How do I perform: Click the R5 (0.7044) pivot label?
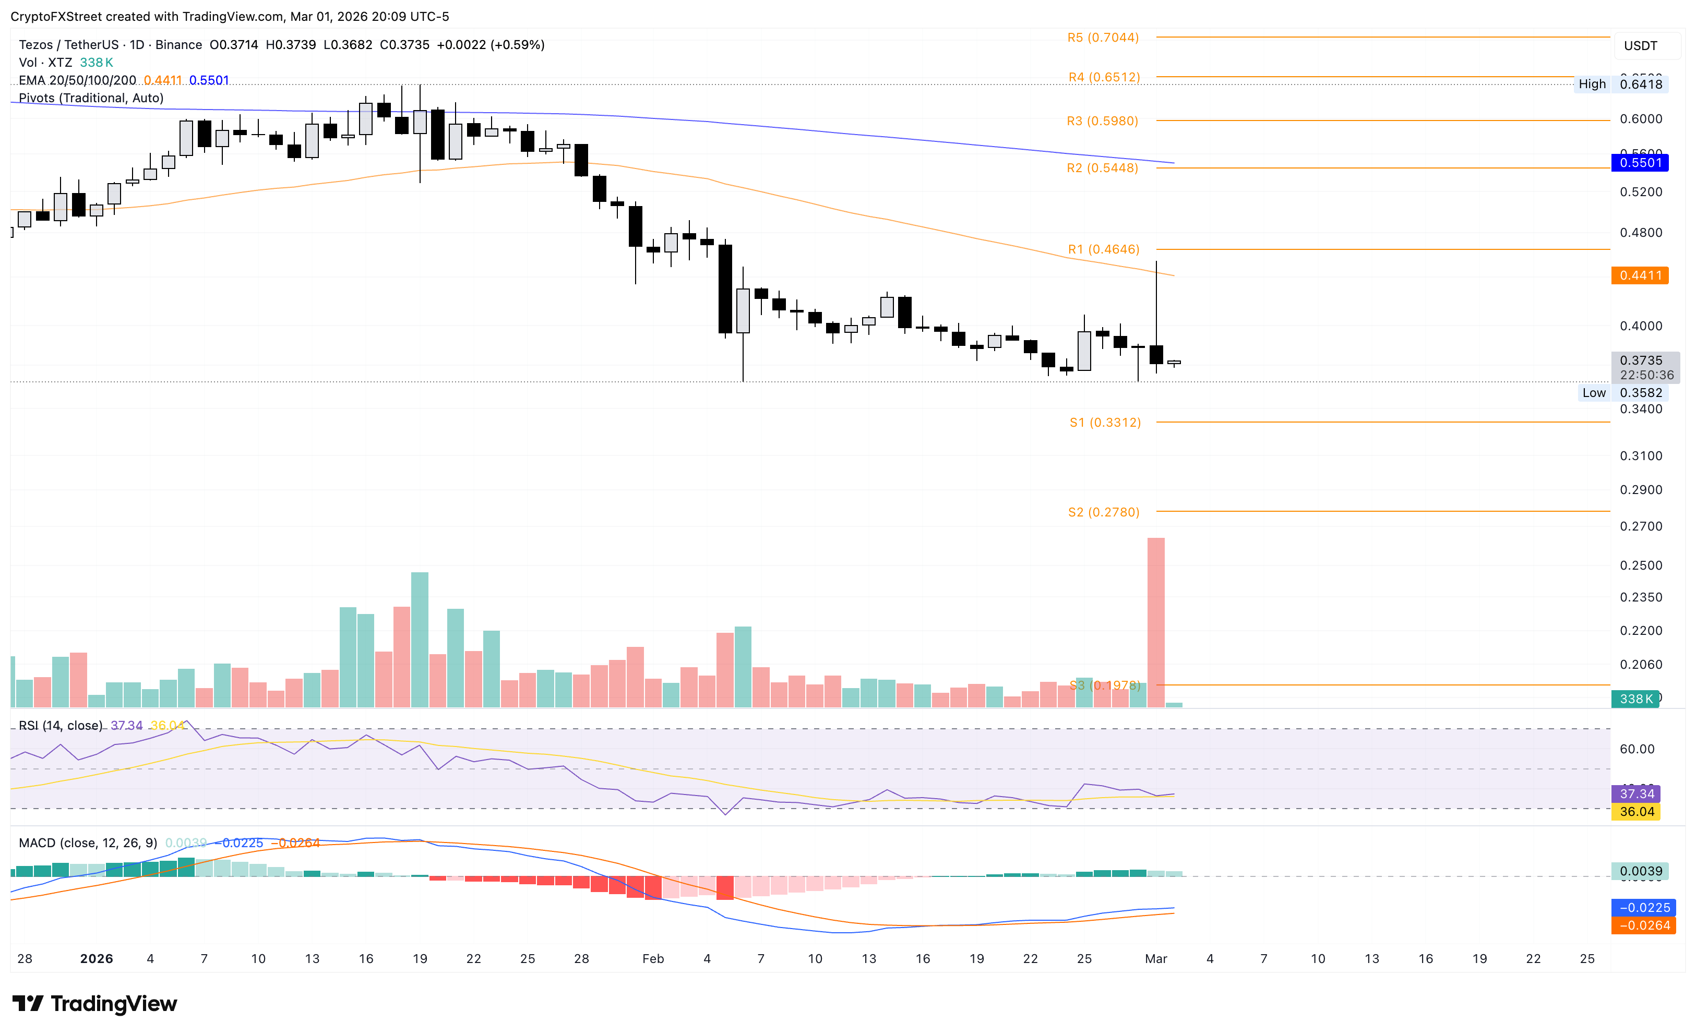pyautogui.click(x=1103, y=38)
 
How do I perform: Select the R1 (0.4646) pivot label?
pyautogui.click(x=1103, y=249)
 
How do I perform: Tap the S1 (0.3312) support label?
pyautogui.click(x=1105, y=423)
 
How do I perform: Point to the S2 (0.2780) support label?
pyautogui.click(x=1103, y=512)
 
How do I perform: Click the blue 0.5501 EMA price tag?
pyautogui.click(x=1640, y=163)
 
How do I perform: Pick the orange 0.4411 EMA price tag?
pyautogui.click(x=1640, y=275)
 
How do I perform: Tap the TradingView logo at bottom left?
pyautogui.click(x=95, y=1004)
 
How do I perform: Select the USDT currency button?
pyautogui.click(x=1640, y=46)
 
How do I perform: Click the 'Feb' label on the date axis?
pyautogui.click(x=652, y=959)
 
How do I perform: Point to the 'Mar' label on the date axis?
pyautogui.click(x=1156, y=959)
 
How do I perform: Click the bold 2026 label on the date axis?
pyautogui.click(x=97, y=959)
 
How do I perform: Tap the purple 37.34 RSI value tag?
pyautogui.click(x=1636, y=793)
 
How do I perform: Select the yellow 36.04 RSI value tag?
pyautogui.click(x=1636, y=812)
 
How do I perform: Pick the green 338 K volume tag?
pyautogui.click(x=1635, y=699)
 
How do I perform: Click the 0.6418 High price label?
pyautogui.click(x=1641, y=85)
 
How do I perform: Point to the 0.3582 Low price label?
pyautogui.click(x=1641, y=393)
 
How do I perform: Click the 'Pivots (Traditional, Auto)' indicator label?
pyautogui.click(x=91, y=98)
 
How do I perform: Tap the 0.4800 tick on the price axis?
pyautogui.click(x=1641, y=233)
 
